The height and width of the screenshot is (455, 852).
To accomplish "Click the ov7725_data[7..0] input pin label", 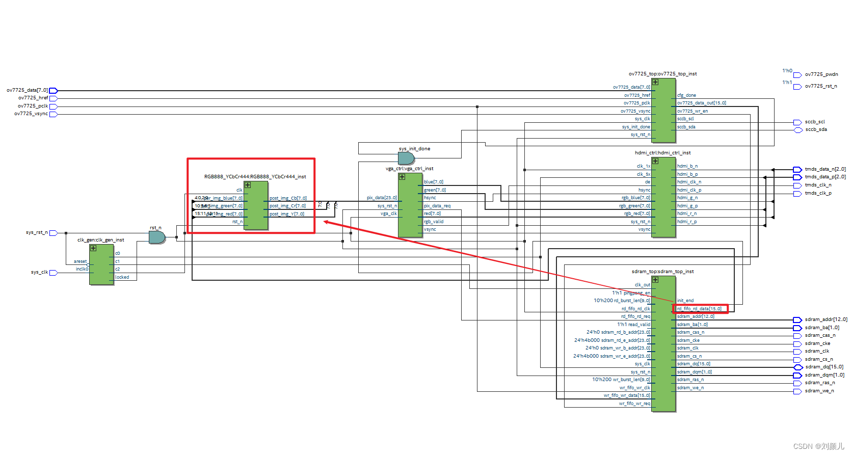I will pyautogui.click(x=27, y=90).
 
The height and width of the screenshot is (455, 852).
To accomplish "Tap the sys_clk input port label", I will pyautogui.click(x=39, y=272).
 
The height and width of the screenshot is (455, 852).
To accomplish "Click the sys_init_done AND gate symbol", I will pyautogui.click(x=406, y=158).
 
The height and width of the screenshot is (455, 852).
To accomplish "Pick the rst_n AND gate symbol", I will pyautogui.click(x=156, y=237).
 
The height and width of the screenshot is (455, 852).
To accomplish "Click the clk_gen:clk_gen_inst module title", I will pyautogui.click(x=100, y=240).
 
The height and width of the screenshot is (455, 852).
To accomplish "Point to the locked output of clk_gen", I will pyautogui.click(x=122, y=277).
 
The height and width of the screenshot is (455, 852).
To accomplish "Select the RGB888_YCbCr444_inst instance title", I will pyautogui.click(x=255, y=177).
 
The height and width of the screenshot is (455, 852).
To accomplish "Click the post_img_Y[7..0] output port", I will pyautogui.click(x=287, y=214).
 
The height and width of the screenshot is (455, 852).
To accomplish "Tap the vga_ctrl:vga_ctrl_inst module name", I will pyautogui.click(x=409, y=169).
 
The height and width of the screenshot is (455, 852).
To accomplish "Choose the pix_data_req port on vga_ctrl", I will pyautogui.click(x=437, y=206).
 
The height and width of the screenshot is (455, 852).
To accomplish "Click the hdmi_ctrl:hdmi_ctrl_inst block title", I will pyautogui.click(x=662, y=153).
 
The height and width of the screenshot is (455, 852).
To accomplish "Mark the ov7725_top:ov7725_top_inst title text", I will pyautogui.click(x=662, y=74).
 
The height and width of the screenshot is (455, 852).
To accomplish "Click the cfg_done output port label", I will pyautogui.click(x=686, y=95).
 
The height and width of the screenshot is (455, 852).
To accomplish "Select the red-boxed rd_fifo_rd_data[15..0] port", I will pyautogui.click(x=699, y=309).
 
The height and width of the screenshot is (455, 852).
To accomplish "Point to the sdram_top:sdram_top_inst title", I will pyautogui.click(x=662, y=272).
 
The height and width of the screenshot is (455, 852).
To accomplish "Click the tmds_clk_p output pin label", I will pyautogui.click(x=818, y=193).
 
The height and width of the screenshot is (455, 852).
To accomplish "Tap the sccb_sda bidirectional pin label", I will pyautogui.click(x=816, y=129).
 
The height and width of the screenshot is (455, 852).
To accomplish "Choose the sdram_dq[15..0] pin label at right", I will pyautogui.click(x=823, y=367).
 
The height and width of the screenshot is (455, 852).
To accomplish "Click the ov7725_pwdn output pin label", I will pyautogui.click(x=821, y=74).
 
